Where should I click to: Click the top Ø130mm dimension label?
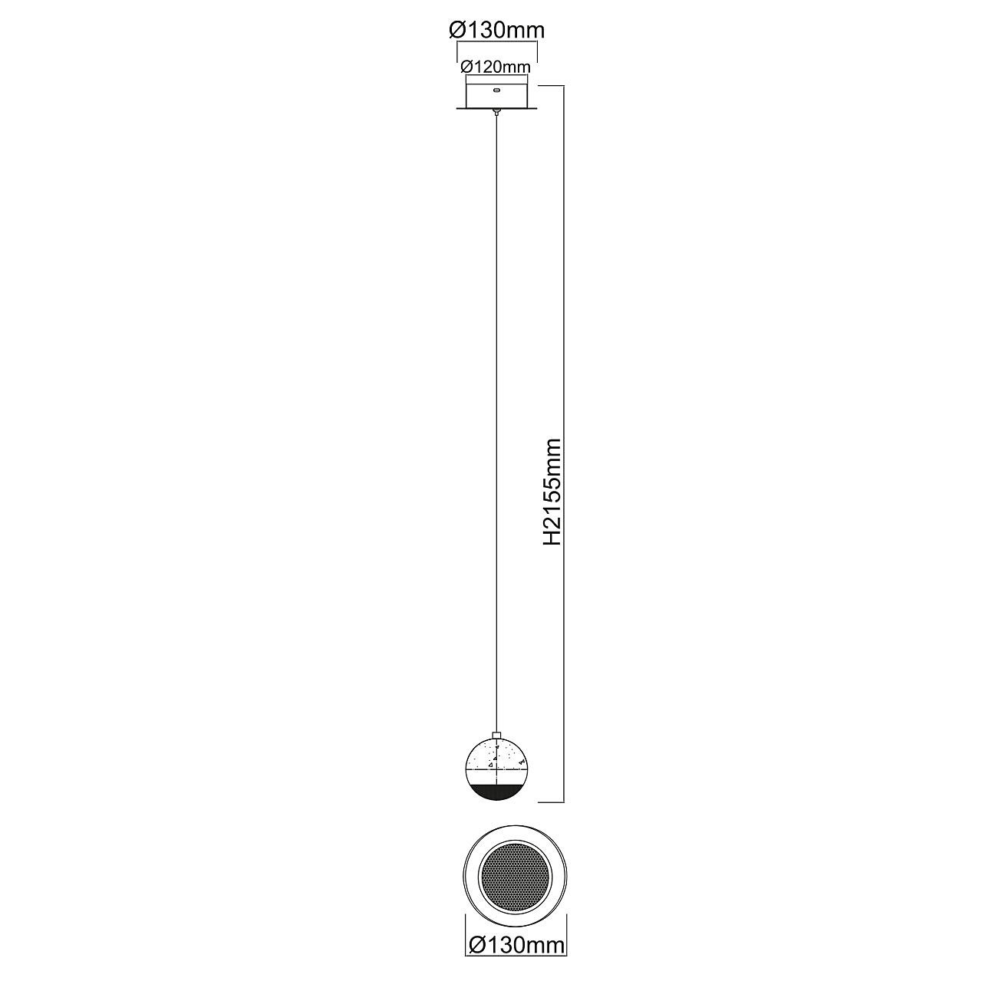497,31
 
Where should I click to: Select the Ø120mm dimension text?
496,67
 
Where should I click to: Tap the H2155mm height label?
552,492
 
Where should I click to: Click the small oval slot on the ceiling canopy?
497,91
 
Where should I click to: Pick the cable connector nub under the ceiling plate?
497,112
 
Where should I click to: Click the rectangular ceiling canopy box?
497,92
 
